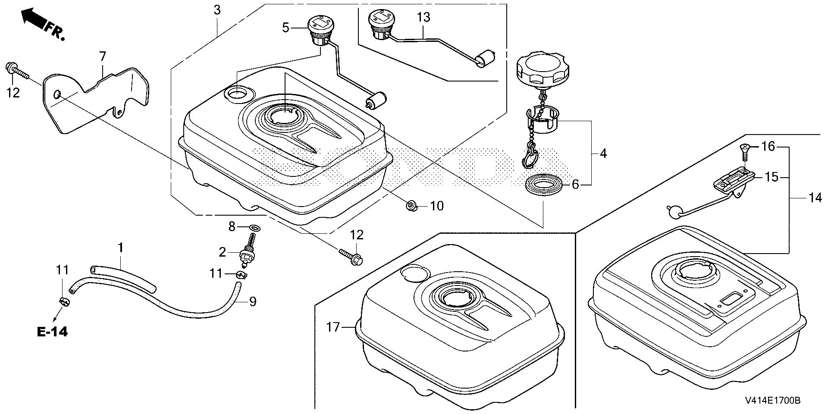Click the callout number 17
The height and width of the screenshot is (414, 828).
pyautogui.click(x=333, y=327)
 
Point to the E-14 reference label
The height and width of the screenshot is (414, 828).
pyautogui.click(x=52, y=332)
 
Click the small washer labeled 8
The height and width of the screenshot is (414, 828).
pyautogui.click(x=255, y=227)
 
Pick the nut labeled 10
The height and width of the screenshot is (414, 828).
pyautogui.click(x=410, y=206)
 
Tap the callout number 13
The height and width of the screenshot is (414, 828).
pyautogui.click(x=423, y=18)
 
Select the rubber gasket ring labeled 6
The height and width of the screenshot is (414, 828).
pyautogui.click(x=544, y=184)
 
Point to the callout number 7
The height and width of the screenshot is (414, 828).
pyautogui.click(x=102, y=56)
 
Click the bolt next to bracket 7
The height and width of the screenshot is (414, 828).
pyautogui.click(x=15, y=71)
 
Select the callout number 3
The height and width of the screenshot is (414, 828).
pyautogui.click(x=217, y=10)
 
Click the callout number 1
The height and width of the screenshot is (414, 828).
pyautogui.click(x=121, y=248)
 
